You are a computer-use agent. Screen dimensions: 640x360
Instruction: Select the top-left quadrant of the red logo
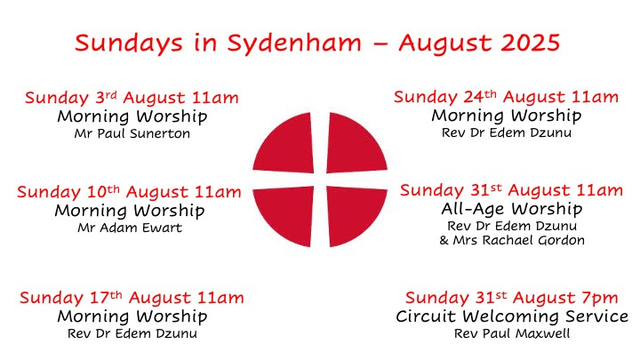(x=284, y=144)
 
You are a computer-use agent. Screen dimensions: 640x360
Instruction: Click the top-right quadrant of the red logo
(x=356, y=144)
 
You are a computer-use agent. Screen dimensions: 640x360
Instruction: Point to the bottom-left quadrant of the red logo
(x=284, y=215)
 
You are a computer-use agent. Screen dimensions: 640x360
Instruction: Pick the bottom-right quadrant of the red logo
(x=356, y=215)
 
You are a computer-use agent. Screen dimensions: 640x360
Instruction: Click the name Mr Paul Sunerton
(x=132, y=133)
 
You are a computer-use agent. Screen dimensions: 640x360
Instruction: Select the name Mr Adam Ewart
(x=130, y=228)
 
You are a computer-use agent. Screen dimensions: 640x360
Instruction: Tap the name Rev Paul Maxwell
(x=512, y=333)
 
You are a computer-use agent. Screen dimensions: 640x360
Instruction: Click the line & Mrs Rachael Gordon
(x=512, y=240)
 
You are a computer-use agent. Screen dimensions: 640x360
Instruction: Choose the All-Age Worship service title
(x=512, y=209)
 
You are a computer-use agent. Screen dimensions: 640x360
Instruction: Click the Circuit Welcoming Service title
(x=512, y=316)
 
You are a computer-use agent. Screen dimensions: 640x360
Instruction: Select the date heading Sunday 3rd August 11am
(x=132, y=98)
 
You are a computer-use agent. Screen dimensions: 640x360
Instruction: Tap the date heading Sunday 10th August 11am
(x=130, y=192)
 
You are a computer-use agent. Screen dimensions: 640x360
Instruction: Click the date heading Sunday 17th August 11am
(x=132, y=298)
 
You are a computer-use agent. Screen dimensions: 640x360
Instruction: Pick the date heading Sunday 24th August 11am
(x=506, y=97)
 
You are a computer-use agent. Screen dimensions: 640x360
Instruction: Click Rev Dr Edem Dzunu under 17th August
(x=132, y=333)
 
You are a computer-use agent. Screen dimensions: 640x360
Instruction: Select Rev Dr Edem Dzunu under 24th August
(x=507, y=132)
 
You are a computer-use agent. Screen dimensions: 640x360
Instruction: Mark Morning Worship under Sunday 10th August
(x=130, y=211)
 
